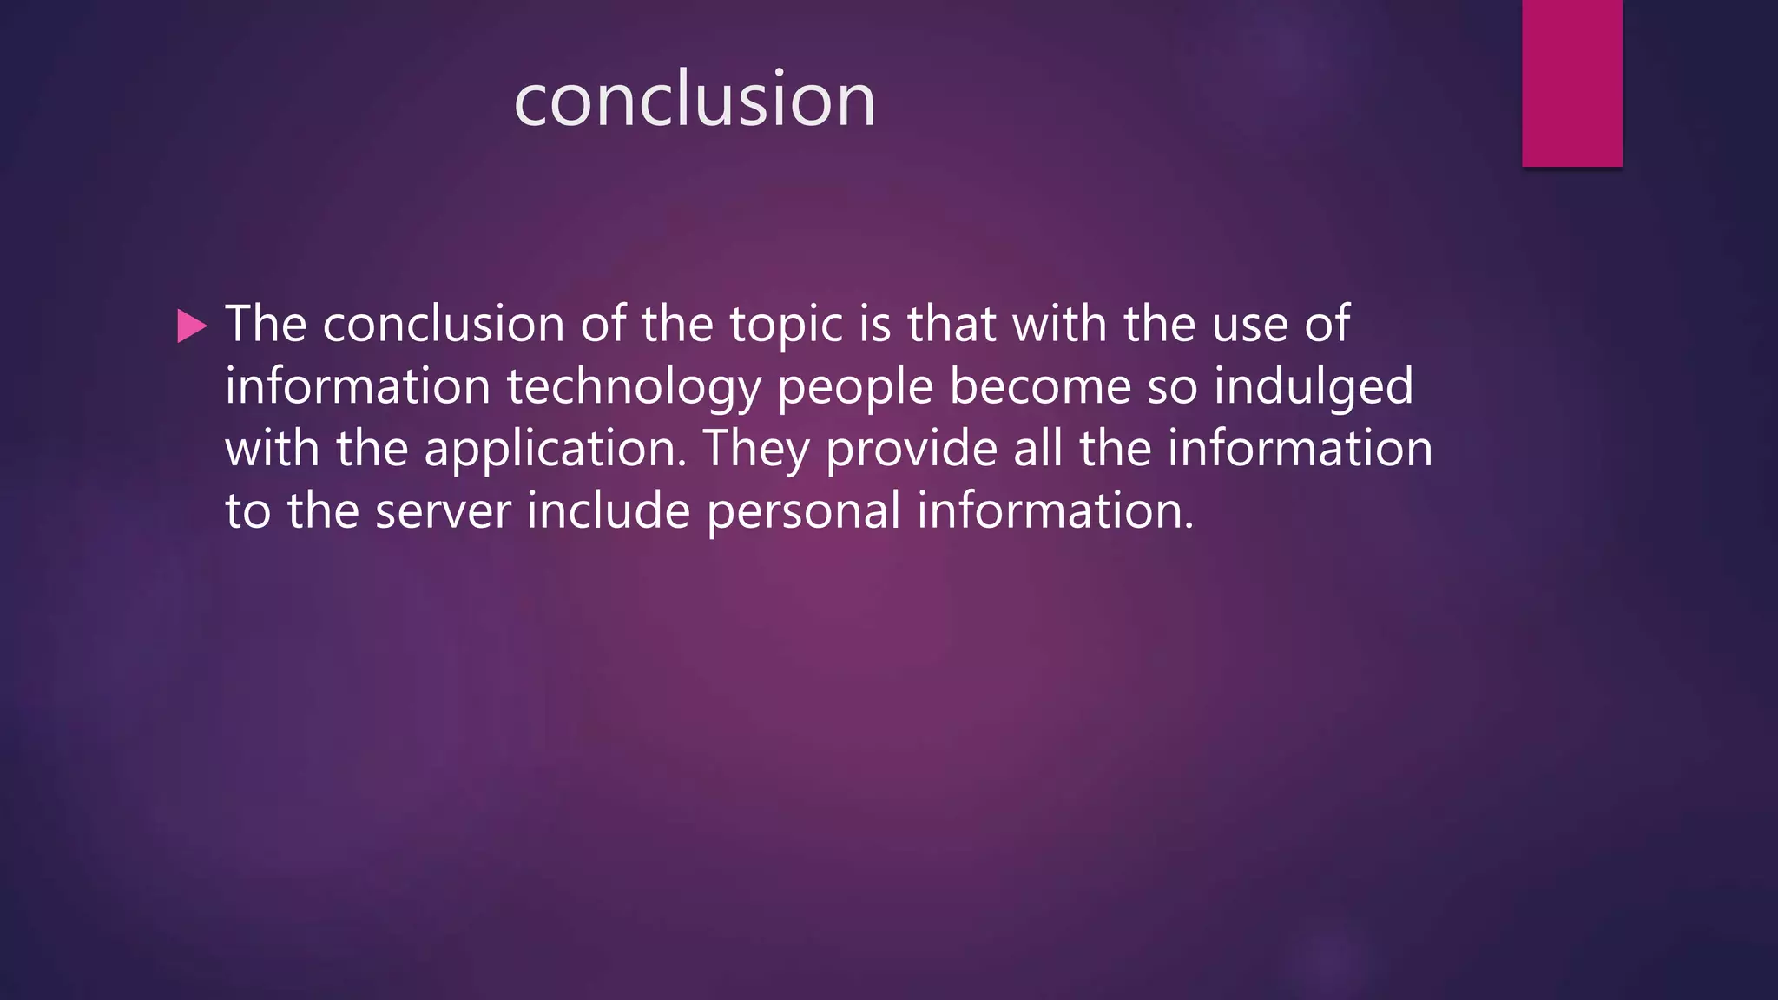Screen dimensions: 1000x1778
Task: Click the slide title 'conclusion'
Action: coord(695,100)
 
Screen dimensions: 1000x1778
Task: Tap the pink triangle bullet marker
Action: coord(191,326)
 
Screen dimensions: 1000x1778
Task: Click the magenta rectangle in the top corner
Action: coord(1571,82)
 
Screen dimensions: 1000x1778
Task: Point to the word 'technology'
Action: coord(634,388)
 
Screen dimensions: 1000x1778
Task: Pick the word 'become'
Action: coord(1040,386)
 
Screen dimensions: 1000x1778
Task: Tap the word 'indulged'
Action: coord(1314,386)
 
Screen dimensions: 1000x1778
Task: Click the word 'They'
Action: coord(755,451)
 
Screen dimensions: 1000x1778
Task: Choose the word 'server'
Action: coord(443,511)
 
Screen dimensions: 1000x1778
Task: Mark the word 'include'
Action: coord(609,510)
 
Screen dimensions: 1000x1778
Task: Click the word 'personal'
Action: coord(804,511)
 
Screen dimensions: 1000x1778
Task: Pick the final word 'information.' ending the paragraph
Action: coord(1056,510)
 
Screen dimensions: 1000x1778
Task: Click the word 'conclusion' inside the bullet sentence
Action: coord(444,326)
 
